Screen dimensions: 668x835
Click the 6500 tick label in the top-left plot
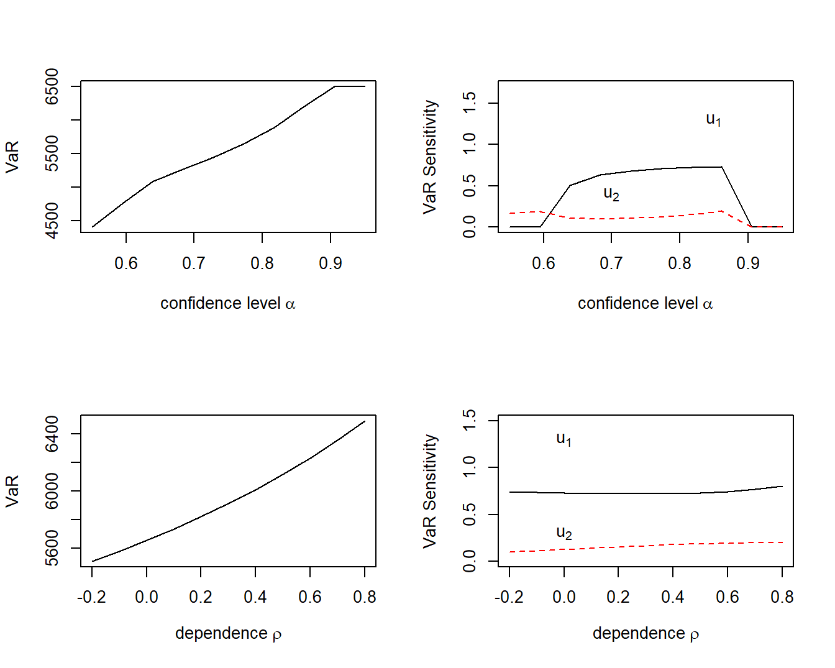pyautogui.click(x=52, y=86)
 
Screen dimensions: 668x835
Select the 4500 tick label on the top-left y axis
pyautogui.click(x=52, y=221)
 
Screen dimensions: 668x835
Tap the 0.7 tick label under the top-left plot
pyautogui.click(x=194, y=263)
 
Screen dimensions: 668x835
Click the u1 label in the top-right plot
pyautogui.click(x=713, y=119)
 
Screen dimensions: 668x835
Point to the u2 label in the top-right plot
pyautogui.click(x=611, y=194)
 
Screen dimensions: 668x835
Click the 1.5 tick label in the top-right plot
pyautogui.click(x=470, y=103)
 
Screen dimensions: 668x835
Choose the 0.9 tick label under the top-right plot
pyautogui.click(x=748, y=263)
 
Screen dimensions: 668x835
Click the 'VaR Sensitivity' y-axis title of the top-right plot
pyautogui.click(x=430, y=157)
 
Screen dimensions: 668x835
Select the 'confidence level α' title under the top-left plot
pyautogui.click(x=228, y=303)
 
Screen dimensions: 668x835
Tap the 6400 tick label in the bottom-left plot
pyautogui.click(x=52, y=434)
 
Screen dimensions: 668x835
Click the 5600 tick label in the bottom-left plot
pyautogui.click(x=52, y=548)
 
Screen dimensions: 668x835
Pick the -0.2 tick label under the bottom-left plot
pyautogui.click(x=91, y=597)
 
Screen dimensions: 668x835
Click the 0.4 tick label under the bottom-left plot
pyautogui.click(x=255, y=597)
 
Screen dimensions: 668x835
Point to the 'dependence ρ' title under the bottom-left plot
pyautogui.click(x=228, y=633)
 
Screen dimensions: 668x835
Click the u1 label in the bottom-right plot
pyautogui.click(x=564, y=439)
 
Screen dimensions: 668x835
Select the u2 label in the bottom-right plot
pyautogui.click(x=564, y=533)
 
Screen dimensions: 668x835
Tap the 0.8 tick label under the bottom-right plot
pyautogui.click(x=782, y=597)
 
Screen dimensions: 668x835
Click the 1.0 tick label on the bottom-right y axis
pyautogui.click(x=470, y=467)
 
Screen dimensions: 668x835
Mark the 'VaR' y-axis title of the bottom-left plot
pyautogui.click(x=12, y=491)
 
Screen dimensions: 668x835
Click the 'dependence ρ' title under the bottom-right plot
pyautogui.click(x=646, y=633)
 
